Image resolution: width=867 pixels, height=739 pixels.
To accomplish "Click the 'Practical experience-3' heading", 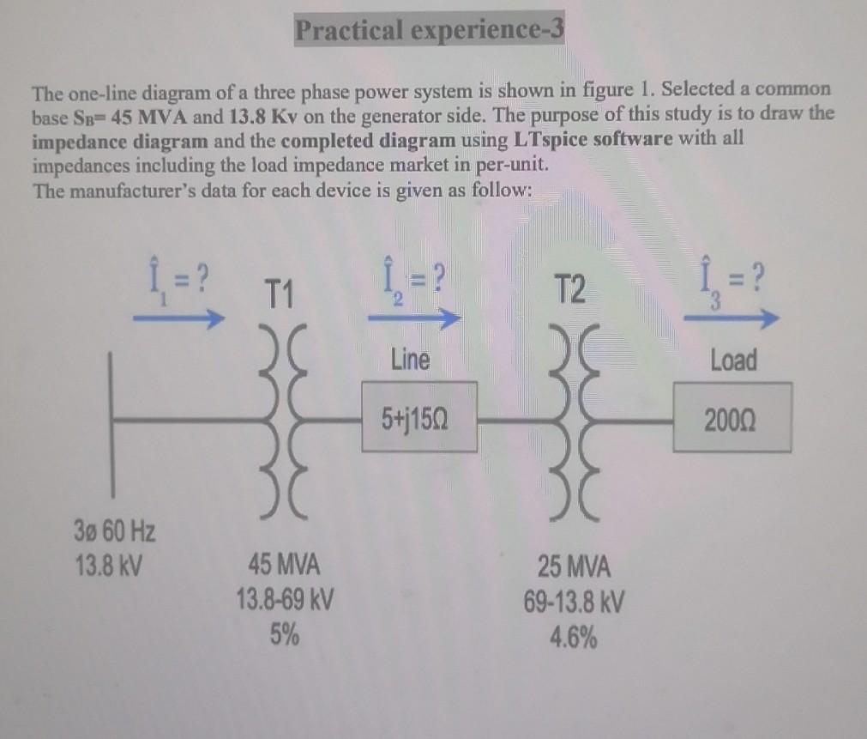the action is click(x=429, y=30).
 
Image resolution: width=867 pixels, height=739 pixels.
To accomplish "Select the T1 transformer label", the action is click(x=280, y=298).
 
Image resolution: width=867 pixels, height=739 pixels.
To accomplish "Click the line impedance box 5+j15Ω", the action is click(x=419, y=417).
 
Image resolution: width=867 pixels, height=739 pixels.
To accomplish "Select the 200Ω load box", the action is click(x=732, y=418).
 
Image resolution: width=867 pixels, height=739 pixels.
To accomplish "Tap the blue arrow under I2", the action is click(x=411, y=318).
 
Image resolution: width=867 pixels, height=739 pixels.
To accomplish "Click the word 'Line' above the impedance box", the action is click(x=410, y=359).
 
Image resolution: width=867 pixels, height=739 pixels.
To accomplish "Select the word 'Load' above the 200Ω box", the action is click(x=733, y=360).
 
